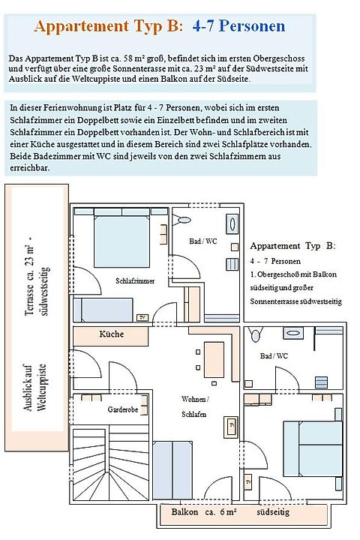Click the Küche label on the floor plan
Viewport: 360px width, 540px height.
(111, 334)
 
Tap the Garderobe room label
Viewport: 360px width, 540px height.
(123, 409)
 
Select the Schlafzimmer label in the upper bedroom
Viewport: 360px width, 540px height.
(135, 281)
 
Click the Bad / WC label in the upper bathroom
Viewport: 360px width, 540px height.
(203, 241)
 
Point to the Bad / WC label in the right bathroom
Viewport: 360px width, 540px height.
(274, 355)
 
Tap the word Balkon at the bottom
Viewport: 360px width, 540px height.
(184, 511)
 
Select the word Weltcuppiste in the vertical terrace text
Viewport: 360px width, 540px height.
(41, 388)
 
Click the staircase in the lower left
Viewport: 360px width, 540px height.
(110, 463)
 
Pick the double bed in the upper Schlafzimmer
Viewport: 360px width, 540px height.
(121, 241)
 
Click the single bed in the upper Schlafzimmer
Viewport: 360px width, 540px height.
(103, 310)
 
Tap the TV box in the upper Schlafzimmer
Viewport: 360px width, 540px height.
(142, 317)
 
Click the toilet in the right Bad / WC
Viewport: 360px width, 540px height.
(256, 334)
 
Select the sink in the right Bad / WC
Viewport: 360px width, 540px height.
(293, 333)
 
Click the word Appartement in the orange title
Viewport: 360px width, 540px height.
(82, 26)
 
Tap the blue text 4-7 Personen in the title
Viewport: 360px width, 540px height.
(238, 26)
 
